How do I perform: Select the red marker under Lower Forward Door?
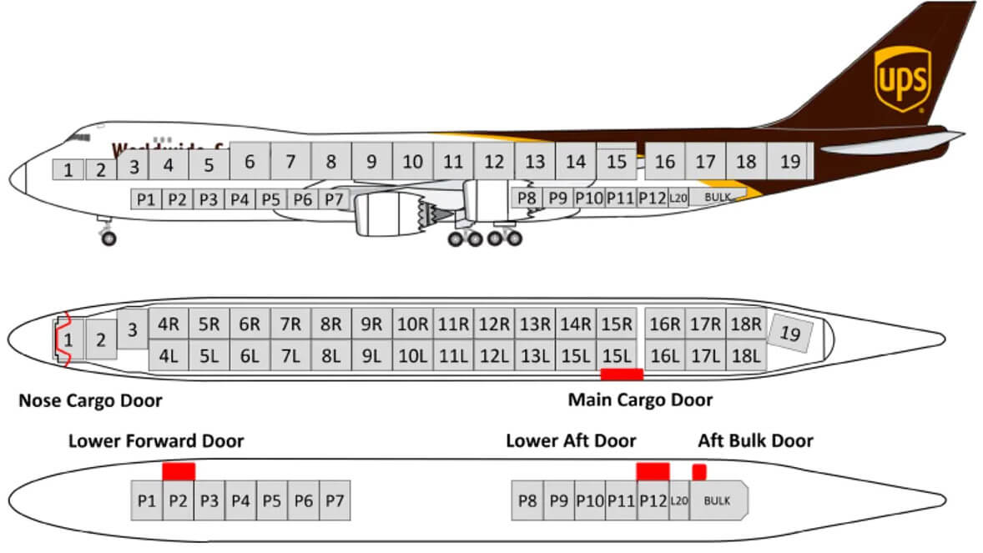(179, 471)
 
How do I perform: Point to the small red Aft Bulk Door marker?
(699, 472)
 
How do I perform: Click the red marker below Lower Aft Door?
(653, 471)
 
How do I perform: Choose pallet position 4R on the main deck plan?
(169, 324)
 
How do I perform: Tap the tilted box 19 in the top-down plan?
(789, 333)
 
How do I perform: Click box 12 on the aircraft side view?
(494, 161)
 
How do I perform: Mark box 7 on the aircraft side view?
(290, 161)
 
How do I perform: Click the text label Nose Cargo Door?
(90, 400)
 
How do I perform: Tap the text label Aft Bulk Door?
(755, 440)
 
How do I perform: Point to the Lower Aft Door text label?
(571, 440)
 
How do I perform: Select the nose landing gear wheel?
(108, 239)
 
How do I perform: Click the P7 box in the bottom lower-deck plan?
(335, 500)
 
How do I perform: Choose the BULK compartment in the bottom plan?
(718, 500)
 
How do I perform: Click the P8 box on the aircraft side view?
(527, 199)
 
